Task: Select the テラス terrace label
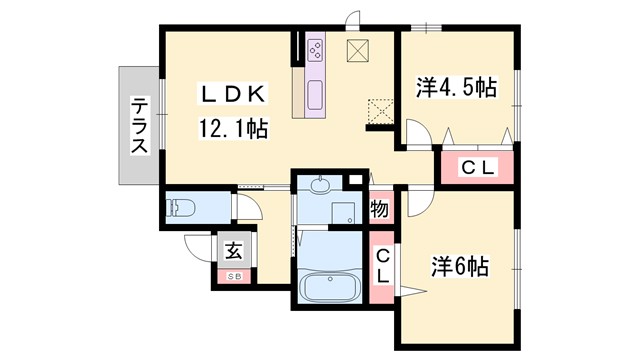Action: click(140, 126)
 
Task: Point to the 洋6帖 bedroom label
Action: click(459, 267)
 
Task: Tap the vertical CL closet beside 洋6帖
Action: click(382, 267)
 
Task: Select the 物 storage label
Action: click(380, 209)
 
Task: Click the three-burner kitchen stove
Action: click(316, 50)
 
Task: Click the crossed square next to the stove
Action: click(359, 51)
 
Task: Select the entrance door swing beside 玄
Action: click(198, 248)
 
